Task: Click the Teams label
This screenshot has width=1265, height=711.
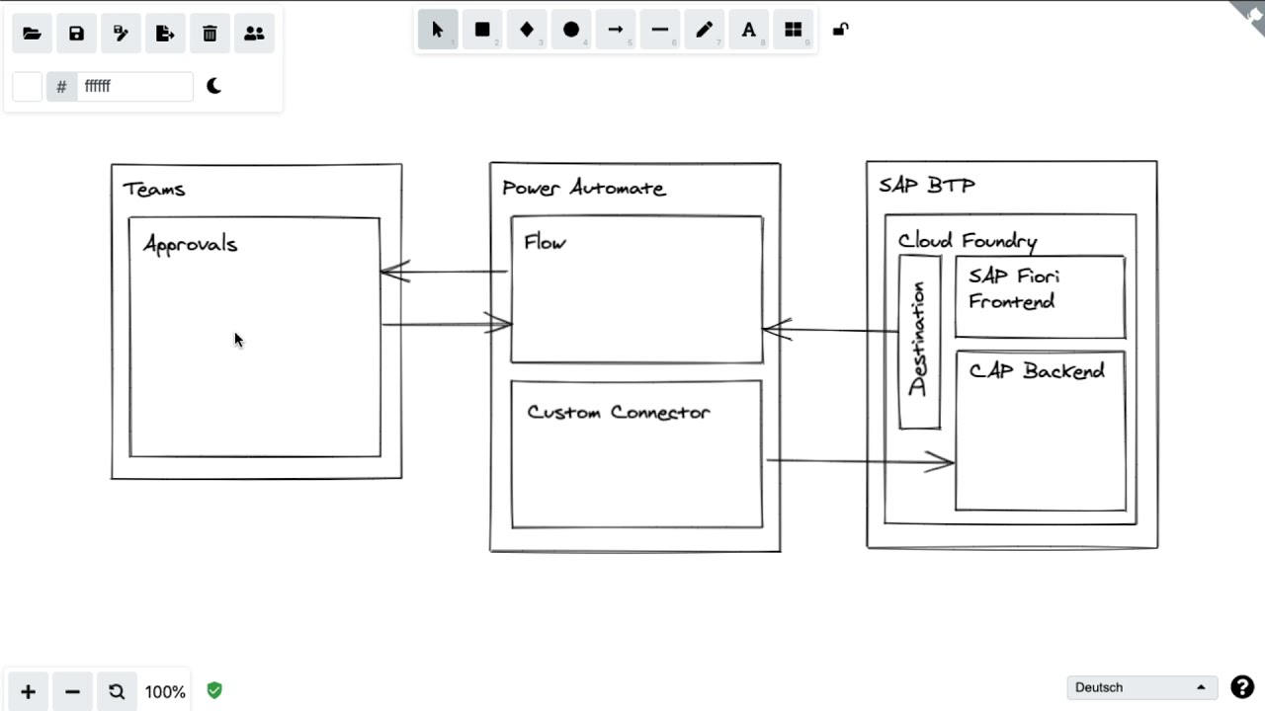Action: (x=154, y=190)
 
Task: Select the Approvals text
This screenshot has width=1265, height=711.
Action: (x=191, y=245)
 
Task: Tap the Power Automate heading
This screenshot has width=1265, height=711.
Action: (x=583, y=189)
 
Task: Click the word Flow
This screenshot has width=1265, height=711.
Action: (x=545, y=243)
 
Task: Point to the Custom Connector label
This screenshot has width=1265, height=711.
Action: (x=618, y=413)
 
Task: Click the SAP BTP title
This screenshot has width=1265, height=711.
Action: (x=926, y=186)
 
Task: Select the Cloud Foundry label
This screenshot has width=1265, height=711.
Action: (x=967, y=241)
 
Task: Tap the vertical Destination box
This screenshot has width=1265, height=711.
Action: (x=919, y=341)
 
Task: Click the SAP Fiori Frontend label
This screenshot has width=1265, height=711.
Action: (x=1013, y=289)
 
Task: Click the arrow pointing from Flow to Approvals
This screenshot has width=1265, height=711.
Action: (x=445, y=272)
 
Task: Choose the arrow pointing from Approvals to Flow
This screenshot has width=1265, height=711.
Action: (x=445, y=324)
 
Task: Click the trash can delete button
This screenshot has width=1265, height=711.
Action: (x=210, y=34)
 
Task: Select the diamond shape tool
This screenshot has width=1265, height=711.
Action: (x=527, y=30)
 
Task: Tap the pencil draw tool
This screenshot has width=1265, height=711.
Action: (x=704, y=30)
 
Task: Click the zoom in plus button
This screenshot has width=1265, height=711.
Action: (x=28, y=691)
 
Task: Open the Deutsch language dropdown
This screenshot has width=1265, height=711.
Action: (x=1140, y=687)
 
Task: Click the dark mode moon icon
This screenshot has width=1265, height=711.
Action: (x=213, y=86)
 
